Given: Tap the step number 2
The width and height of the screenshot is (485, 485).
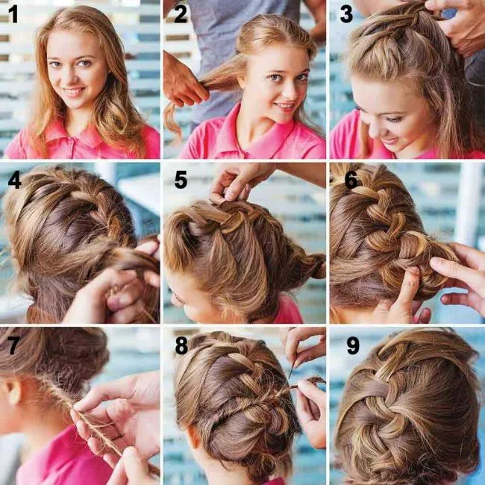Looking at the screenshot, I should tap(181, 14).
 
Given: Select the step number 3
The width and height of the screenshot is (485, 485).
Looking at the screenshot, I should tap(346, 14).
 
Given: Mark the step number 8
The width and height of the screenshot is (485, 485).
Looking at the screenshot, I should tap(181, 345).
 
